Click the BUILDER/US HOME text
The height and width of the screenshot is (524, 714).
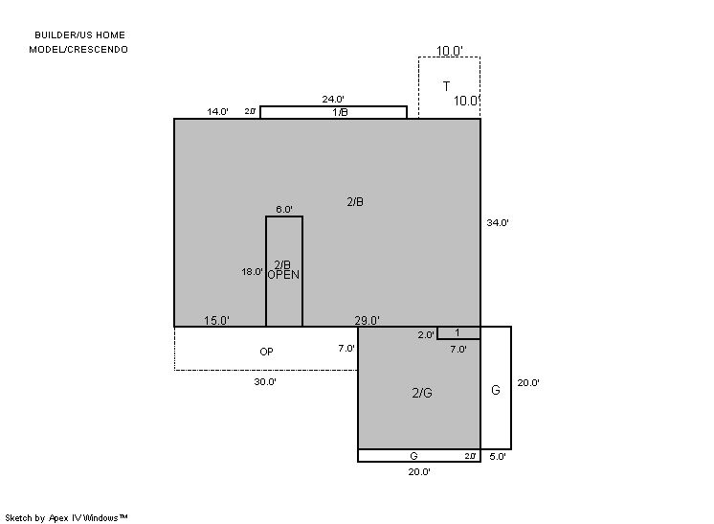[79, 35]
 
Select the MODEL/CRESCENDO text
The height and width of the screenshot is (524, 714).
[78, 49]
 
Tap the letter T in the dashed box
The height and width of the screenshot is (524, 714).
[446, 86]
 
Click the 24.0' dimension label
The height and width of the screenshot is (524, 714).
[333, 99]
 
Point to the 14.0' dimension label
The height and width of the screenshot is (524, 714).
[217, 112]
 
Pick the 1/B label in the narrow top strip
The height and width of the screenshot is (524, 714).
[340, 112]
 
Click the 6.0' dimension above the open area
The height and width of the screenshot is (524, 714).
[284, 209]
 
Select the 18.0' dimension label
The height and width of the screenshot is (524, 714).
[252, 271]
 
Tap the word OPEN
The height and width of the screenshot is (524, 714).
[283, 275]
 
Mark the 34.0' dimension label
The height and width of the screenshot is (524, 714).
[498, 223]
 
